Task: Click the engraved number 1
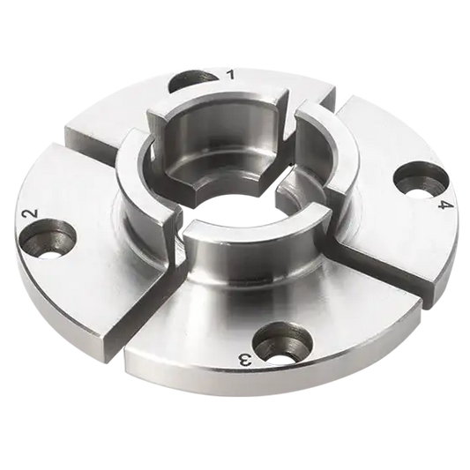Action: coord(231,75)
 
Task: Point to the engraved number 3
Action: coord(246,358)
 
